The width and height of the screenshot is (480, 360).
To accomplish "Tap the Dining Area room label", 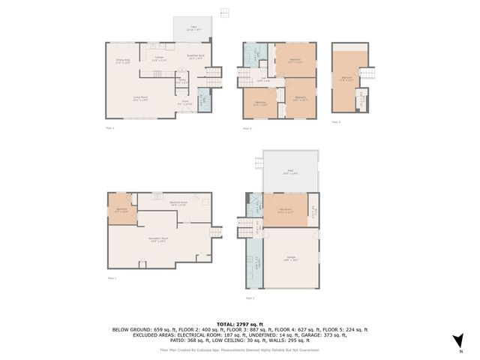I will pyautogui.click(x=123, y=61).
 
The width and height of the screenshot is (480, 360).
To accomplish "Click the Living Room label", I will pyautogui.click(x=141, y=99).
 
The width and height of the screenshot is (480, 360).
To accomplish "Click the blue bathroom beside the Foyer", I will pyautogui.click(x=203, y=100).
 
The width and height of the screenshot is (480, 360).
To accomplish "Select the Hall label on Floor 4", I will pyautogui.click(x=263, y=81).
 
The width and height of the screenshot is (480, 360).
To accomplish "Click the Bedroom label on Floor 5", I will pyautogui.click(x=346, y=77).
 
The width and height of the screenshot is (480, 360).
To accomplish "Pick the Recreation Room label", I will pyautogui.click(x=158, y=240).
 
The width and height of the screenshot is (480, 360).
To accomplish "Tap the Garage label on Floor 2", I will pyautogui.click(x=289, y=259).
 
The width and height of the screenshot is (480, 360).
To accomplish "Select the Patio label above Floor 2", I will pyautogui.click(x=289, y=172).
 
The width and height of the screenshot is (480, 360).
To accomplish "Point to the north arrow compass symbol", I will pyautogui.click(x=459, y=341).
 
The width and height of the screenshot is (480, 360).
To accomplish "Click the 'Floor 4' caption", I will pyautogui.click(x=247, y=129).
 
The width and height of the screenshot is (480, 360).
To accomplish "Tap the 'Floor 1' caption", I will pyautogui.click(x=112, y=278).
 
